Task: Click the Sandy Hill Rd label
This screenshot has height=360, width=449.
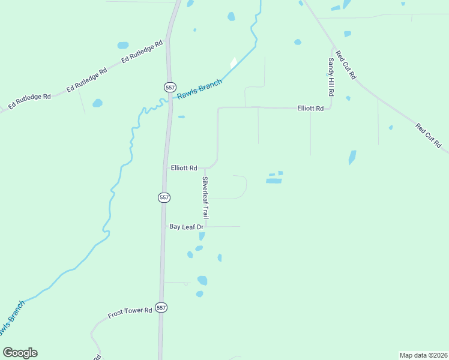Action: [x=330, y=78]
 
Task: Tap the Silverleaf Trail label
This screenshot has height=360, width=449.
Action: [x=205, y=197]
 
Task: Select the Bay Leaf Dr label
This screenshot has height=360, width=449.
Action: [x=187, y=227]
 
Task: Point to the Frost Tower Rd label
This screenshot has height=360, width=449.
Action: [x=130, y=313]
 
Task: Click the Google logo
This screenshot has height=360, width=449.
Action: [x=20, y=353]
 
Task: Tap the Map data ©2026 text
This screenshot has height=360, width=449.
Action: [x=423, y=355]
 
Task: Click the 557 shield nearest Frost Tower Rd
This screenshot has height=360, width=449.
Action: [x=161, y=307]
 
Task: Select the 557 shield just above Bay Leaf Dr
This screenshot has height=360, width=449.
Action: [x=164, y=197]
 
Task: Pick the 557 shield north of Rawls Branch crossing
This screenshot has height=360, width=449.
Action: [x=171, y=86]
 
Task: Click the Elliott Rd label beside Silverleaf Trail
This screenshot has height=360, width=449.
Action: [x=184, y=168]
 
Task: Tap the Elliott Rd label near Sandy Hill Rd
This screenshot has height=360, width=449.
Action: [x=310, y=109]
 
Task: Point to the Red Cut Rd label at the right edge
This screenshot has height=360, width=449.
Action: [x=429, y=136]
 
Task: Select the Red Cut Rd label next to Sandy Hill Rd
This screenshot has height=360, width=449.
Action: [x=346, y=65]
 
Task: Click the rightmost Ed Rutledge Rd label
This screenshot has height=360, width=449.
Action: [x=142, y=52]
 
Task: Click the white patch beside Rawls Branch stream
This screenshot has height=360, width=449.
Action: [x=234, y=62]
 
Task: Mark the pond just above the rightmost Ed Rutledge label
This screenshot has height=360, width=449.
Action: [x=123, y=45]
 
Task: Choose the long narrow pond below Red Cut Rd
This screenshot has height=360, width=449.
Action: [x=352, y=157]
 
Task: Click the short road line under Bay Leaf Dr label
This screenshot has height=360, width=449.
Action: [x=223, y=227]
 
